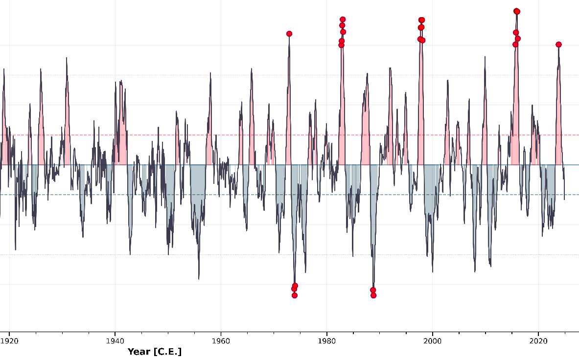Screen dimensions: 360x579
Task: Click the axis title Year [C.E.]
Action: click(154, 352)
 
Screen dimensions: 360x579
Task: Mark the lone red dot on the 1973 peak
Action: click(289, 34)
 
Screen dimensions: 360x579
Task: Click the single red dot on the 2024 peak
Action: click(558, 45)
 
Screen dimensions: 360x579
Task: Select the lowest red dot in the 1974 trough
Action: click(295, 295)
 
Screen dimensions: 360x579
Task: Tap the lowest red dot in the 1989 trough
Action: click(373, 295)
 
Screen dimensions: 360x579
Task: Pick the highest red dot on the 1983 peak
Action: click(343, 20)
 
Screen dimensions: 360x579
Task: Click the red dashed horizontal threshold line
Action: click(147, 135)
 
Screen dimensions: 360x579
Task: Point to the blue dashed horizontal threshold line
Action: click(147, 195)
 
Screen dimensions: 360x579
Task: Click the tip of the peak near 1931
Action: click(67, 58)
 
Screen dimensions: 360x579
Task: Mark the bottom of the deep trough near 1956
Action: click(199, 279)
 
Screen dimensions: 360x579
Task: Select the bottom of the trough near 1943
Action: click(130, 254)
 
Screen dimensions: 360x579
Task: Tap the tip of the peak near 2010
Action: click(485, 57)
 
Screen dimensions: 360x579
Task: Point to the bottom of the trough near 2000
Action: click(432, 271)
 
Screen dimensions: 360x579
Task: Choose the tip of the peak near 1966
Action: click(252, 68)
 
